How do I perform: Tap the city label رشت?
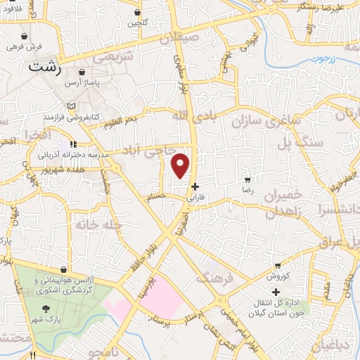point(44,69)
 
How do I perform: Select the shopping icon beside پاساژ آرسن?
point(82,72)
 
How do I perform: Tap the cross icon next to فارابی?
point(195,187)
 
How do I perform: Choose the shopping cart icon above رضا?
point(247,181)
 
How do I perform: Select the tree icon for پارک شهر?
point(46,309)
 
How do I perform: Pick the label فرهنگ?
point(211,276)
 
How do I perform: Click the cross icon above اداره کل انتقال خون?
point(276,292)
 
